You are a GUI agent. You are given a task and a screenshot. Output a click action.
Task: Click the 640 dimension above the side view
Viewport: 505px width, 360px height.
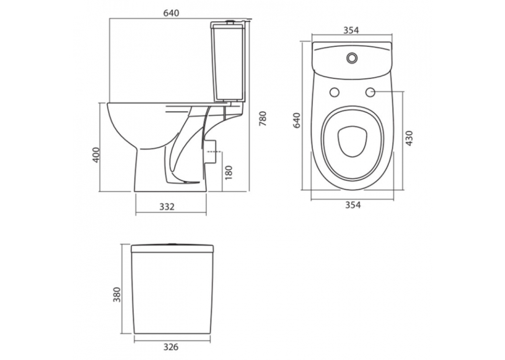171,13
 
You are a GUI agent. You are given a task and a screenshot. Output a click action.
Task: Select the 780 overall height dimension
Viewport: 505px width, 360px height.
263,118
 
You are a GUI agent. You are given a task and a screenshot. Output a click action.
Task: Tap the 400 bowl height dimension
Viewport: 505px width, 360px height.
96,155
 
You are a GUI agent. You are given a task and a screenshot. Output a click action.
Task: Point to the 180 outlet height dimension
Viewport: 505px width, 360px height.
228,172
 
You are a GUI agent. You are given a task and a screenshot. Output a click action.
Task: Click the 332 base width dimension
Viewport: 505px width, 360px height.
167,206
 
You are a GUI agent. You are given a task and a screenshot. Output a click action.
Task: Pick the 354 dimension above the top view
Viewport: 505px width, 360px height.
351,30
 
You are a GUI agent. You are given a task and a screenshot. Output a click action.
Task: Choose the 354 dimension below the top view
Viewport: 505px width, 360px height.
353,205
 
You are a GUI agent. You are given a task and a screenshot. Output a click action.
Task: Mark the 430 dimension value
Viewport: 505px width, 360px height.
409,138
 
